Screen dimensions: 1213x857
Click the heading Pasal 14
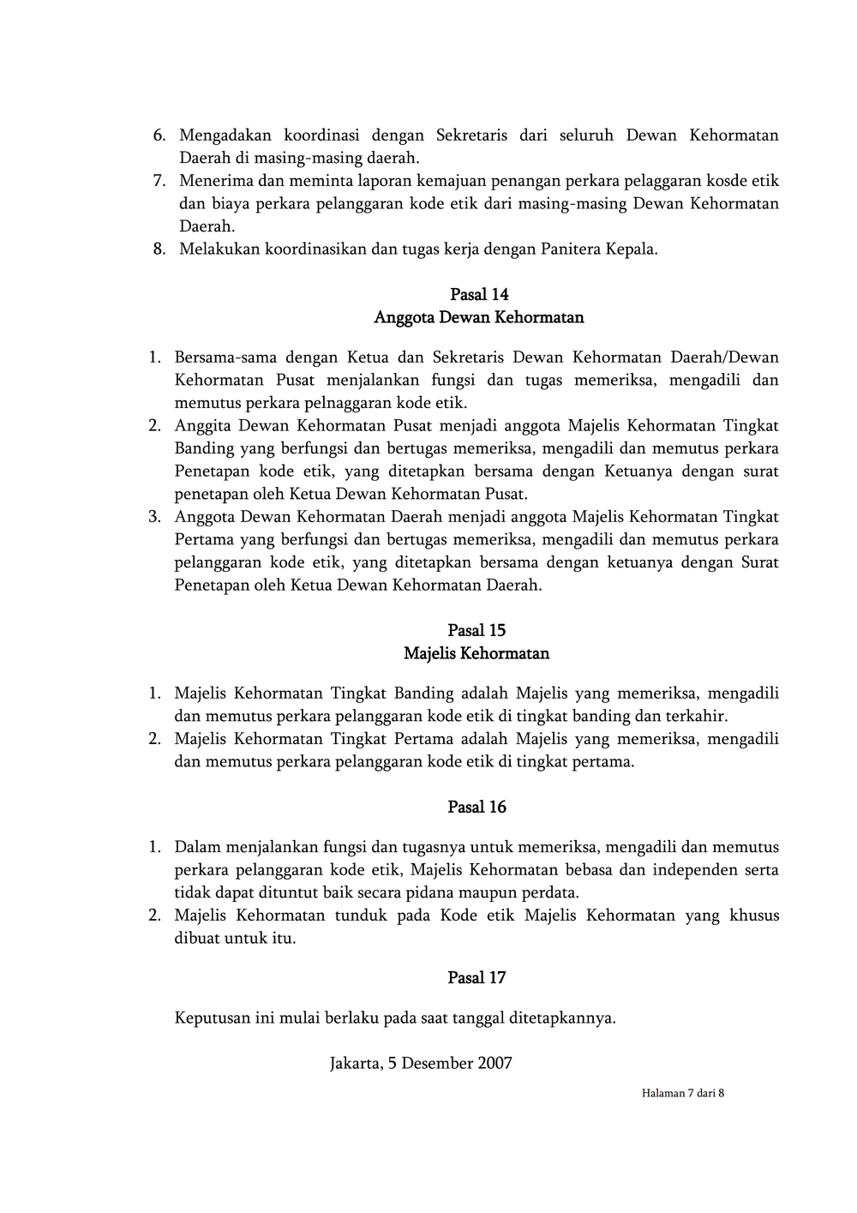coord(479,295)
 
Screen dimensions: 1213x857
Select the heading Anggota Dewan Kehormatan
coord(479,318)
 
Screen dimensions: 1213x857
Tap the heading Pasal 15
coord(476,631)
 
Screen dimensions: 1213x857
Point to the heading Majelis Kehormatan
coord(476,654)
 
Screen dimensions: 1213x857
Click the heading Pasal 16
coord(476,808)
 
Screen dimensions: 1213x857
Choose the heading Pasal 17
coord(476,978)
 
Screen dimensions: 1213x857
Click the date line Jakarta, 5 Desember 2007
coord(421,1064)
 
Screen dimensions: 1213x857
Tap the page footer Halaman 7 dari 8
coord(683,1093)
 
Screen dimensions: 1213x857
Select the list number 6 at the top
coord(159,135)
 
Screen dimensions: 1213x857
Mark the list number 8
coord(159,249)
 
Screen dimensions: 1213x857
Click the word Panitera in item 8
coord(570,249)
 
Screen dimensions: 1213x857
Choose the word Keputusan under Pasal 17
coord(212,1018)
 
